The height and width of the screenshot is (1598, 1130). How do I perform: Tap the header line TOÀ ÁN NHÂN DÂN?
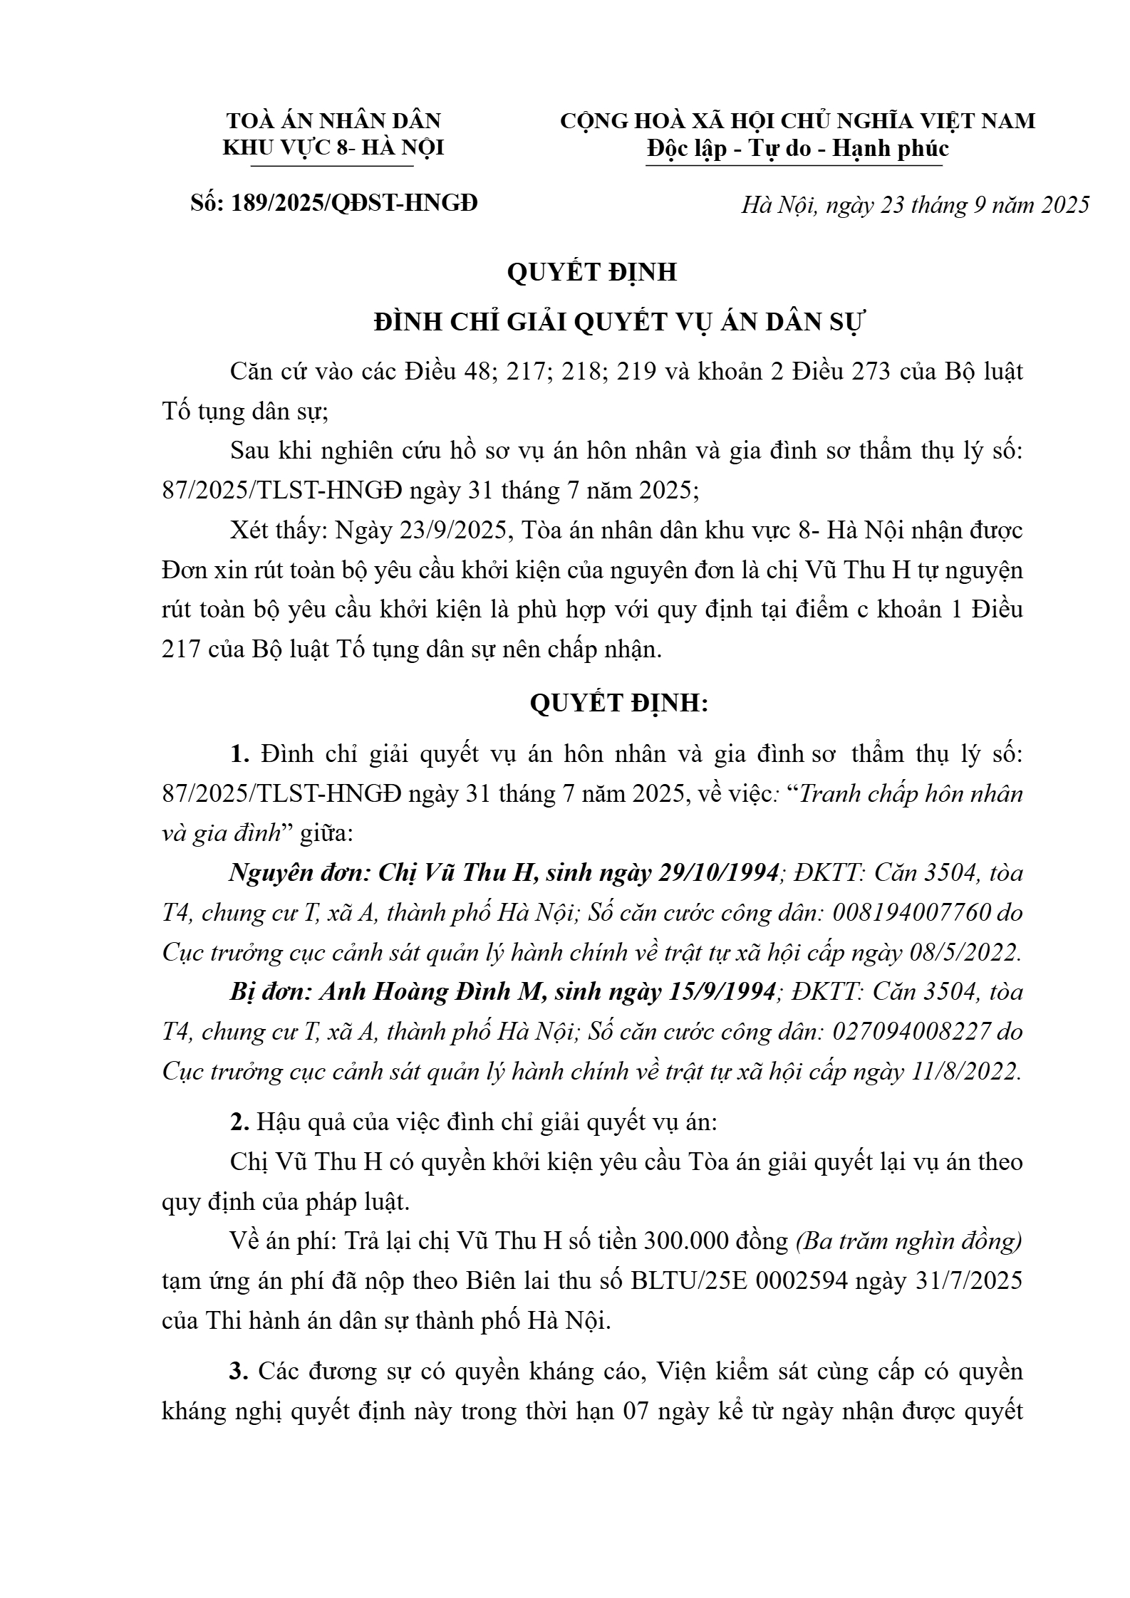[x=333, y=120]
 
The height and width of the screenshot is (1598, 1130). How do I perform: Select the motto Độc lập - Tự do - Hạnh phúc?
[x=797, y=149]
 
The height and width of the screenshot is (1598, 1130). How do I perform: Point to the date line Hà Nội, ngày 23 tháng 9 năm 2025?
[x=916, y=205]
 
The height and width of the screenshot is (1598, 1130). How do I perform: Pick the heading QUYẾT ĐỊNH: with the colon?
[x=619, y=703]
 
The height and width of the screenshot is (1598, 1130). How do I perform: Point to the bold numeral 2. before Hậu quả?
[x=239, y=1122]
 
